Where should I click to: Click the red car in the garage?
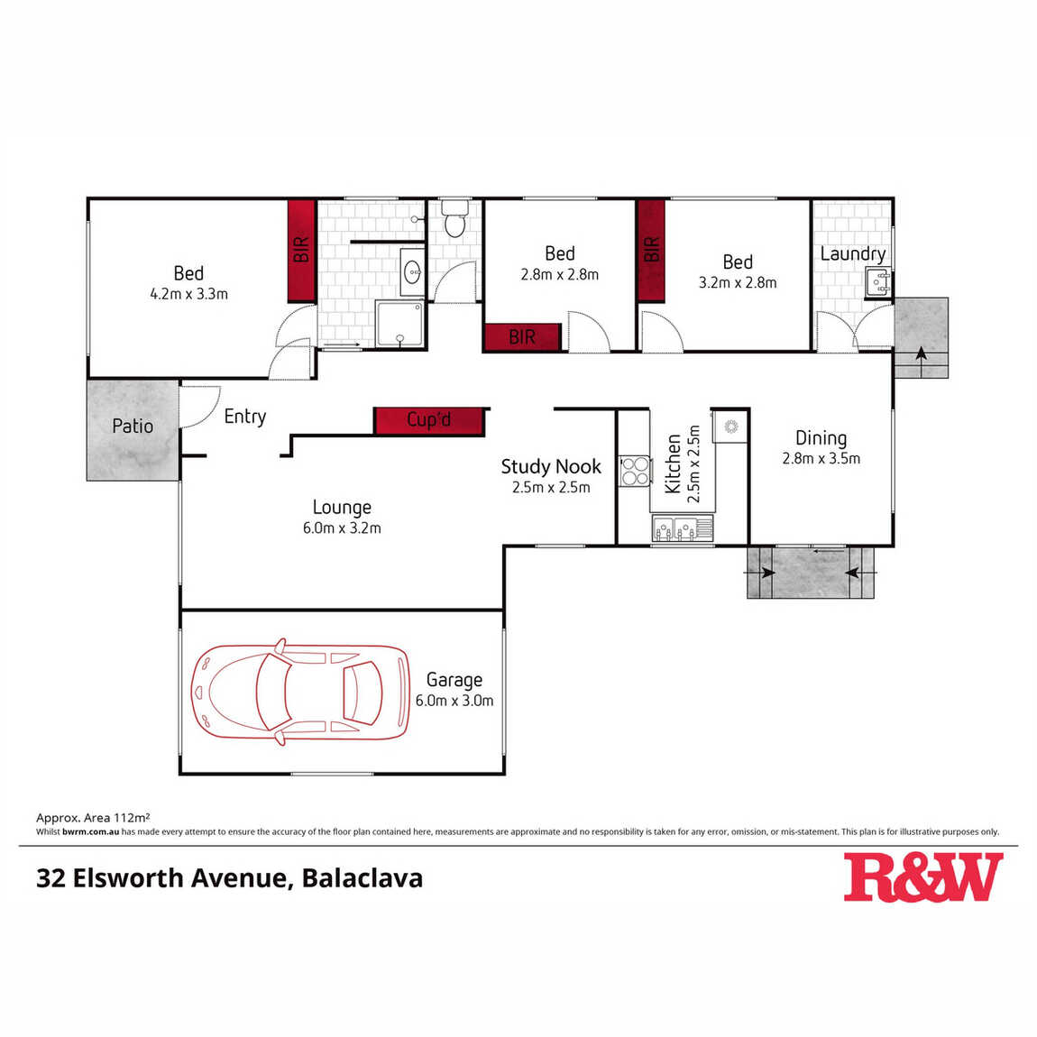[x=300, y=692]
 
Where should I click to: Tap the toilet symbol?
[x=455, y=219]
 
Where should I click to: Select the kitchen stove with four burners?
[x=634, y=472]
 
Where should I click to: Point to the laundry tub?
[x=878, y=283]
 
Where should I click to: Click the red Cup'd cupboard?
[x=430, y=421]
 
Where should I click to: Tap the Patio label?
[x=133, y=426]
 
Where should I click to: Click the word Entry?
[x=245, y=417]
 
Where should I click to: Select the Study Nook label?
[x=551, y=467]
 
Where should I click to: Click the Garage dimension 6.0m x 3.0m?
[x=454, y=701]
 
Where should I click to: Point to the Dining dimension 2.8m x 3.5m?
[x=821, y=459]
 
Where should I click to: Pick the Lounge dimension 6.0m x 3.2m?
[x=342, y=528]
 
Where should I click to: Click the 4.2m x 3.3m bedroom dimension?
[x=189, y=294]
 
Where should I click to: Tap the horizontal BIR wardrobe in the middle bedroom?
[x=522, y=337]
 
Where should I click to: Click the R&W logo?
[x=923, y=877]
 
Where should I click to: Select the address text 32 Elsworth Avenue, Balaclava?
[x=229, y=878]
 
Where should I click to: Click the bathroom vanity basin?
[x=413, y=271]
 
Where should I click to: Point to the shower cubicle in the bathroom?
[x=399, y=324]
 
